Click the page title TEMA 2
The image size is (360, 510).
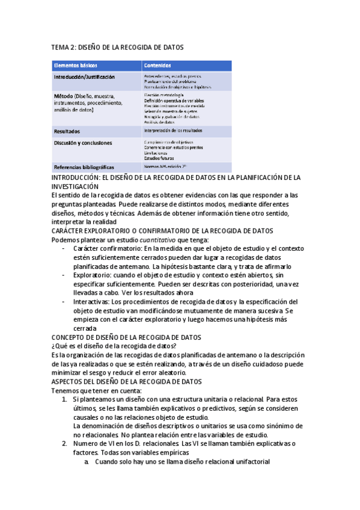(117, 47)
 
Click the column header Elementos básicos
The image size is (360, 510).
(75, 65)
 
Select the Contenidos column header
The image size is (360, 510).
(157, 65)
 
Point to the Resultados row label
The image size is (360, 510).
(67, 131)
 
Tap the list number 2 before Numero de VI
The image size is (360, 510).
(66, 443)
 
